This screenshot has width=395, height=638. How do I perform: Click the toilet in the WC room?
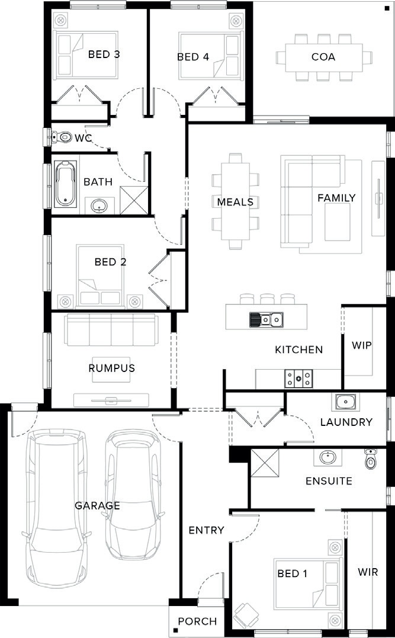pos(62,137)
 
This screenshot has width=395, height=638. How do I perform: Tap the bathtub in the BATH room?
pos(65,184)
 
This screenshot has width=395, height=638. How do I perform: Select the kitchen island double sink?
pos(266,320)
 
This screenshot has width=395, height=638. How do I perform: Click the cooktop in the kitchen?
pos(298,379)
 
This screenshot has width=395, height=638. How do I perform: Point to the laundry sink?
pos(345,402)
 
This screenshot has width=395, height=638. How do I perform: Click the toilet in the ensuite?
pos(371,459)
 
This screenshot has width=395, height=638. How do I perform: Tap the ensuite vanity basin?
pos(327,457)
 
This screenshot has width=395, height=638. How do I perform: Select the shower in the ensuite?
pos(265,463)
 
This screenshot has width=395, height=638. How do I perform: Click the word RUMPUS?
pos(111,368)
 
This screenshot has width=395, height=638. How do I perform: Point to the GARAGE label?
pos(97,505)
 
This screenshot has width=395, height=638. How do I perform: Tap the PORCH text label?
pos(197,621)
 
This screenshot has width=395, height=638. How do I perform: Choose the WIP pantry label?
pos(362,345)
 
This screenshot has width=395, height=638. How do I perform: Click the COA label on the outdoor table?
pos(323,56)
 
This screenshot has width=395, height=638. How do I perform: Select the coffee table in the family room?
pos(337,222)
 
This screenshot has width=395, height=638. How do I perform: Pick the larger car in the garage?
pos(56,508)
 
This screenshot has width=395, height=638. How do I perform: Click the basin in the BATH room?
pos(98,206)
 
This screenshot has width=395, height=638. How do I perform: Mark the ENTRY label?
pos(206,530)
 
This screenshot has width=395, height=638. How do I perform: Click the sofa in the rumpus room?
pos(111,329)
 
